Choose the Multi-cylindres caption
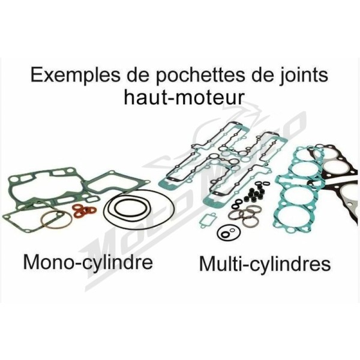[x=265, y=263]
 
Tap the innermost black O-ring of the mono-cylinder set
[x=130, y=208]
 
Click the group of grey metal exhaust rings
[x=244, y=215]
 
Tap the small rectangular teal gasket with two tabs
[x=208, y=221]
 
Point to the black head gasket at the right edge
[x=334, y=179]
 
